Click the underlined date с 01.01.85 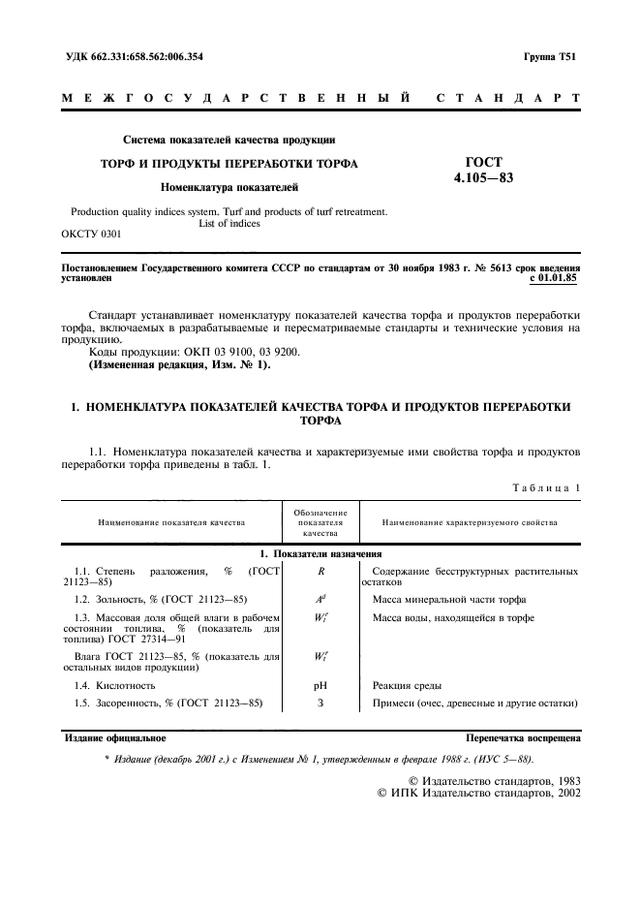coord(555,278)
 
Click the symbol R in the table coord(320,573)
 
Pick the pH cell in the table coord(320,685)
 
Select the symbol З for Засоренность coord(320,703)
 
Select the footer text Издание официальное coord(114,738)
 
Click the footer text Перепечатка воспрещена coord(523,738)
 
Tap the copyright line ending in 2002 coord(483,792)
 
